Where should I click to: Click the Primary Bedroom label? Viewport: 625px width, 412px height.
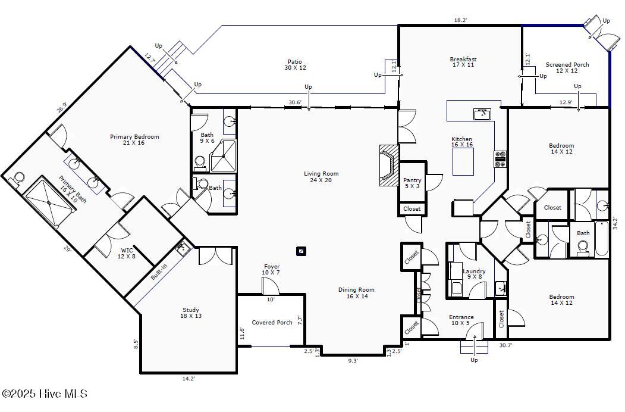134,139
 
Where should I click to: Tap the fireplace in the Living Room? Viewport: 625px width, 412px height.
389,165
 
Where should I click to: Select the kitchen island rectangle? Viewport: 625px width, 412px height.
463,162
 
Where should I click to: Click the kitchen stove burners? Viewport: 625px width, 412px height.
500,159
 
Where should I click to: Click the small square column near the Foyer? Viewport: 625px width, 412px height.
301,251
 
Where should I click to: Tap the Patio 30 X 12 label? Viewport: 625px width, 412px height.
295,65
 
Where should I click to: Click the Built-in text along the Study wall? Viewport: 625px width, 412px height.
159,273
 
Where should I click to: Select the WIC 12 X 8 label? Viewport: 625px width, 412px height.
126,254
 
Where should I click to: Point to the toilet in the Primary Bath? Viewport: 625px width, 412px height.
17,179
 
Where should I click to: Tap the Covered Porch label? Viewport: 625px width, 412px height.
272,322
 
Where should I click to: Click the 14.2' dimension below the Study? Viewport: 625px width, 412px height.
189,379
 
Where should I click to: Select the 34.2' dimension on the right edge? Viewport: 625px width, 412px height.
615,223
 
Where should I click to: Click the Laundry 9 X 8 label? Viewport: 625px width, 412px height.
474,274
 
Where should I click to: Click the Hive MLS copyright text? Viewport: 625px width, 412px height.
44,394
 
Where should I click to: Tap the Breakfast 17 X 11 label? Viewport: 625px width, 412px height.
463,62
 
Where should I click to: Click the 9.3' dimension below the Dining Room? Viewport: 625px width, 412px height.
353,361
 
